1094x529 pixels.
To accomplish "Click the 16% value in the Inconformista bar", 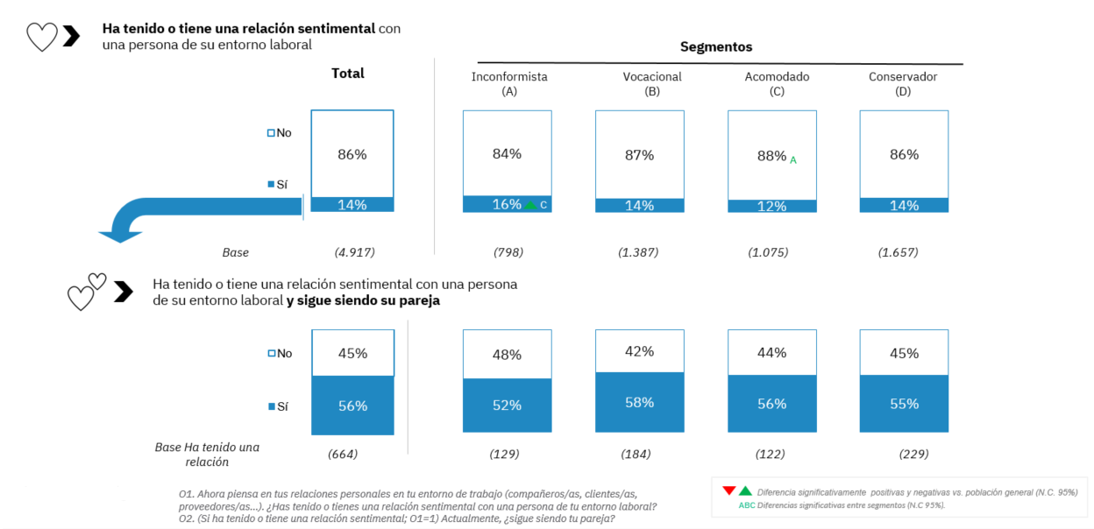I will click(507, 204).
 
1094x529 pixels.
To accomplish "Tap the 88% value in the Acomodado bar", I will click(772, 156).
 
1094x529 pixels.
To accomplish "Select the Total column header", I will click(348, 74).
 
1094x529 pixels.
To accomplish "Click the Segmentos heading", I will click(716, 46).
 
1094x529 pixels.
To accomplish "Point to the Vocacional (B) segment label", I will click(652, 83).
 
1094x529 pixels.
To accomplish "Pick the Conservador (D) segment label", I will click(903, 83).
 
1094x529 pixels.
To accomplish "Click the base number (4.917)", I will click(355, 252).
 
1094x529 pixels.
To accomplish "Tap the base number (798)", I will click(508, 252).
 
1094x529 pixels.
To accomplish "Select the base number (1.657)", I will click(899, 252).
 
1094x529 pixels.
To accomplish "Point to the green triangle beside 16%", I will click(529, 205).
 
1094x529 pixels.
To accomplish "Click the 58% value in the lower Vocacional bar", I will click(640, 402).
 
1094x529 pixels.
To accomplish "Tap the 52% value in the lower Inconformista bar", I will click(507, 405).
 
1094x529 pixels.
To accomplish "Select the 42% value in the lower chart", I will click(640, 351).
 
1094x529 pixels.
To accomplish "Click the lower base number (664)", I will click(343, 454).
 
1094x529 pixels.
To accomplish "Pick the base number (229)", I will click(913, 454).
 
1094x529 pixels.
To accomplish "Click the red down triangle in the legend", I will click(728, 490).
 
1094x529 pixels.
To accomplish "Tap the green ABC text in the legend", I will click(746, 505).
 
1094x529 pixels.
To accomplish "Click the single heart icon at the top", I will click(41, 37).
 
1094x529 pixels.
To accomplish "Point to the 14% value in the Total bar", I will click(352, 204).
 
